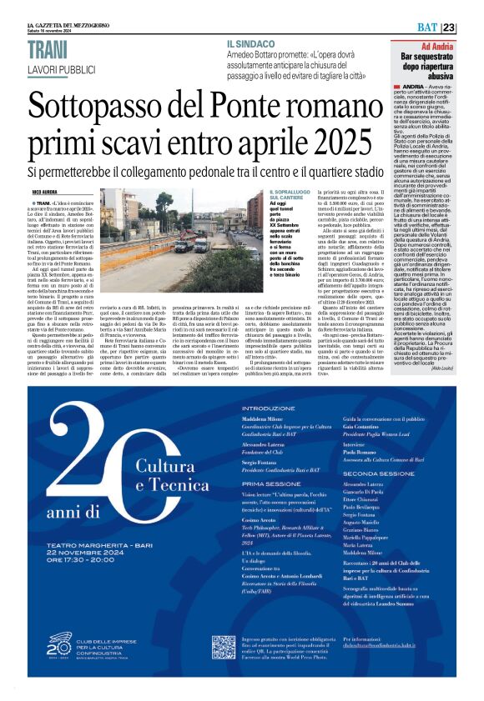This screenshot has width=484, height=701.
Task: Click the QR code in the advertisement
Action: coord(223,647)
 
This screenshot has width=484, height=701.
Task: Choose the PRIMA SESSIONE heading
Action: coord(271,483)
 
